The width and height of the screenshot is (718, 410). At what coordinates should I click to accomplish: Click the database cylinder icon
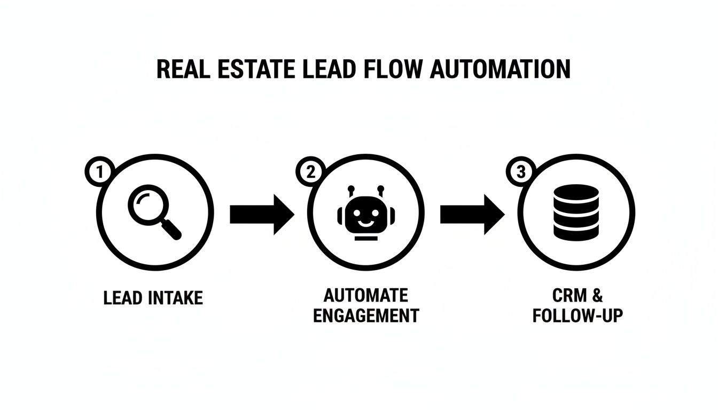point(576,212)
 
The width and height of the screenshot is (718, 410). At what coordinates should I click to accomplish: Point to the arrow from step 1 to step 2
point(262,215)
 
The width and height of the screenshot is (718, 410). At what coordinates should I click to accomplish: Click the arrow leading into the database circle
point(472,215)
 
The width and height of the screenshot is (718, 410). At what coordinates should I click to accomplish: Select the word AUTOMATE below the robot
point(366,295)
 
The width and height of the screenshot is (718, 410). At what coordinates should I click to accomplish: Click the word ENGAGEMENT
point(366,315)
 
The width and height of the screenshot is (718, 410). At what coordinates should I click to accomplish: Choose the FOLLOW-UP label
point(577,315)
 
